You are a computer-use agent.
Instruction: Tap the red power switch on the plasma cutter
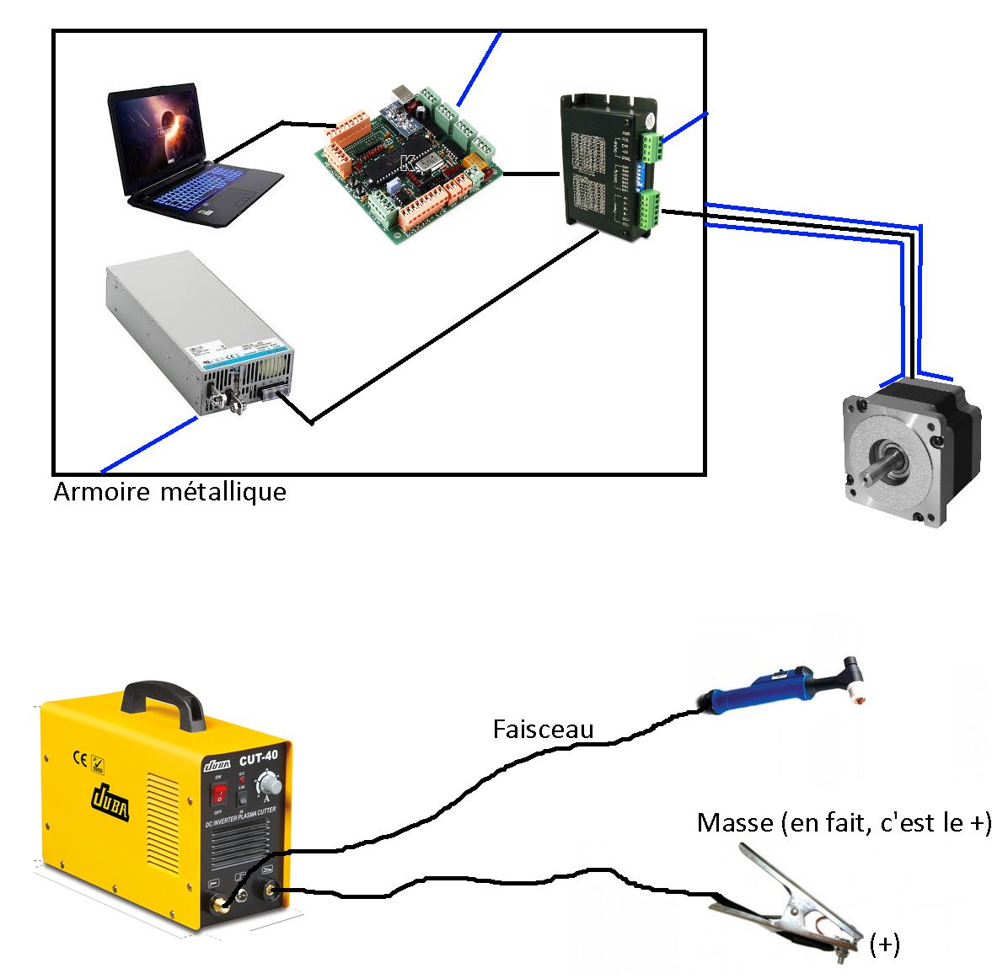click(x=219, y=793)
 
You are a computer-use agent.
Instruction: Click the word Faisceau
click(x=543, y=729)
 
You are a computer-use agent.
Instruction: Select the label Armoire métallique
click(x=169, y=492)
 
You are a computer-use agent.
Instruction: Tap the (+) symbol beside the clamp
click(x=884, y=945)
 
